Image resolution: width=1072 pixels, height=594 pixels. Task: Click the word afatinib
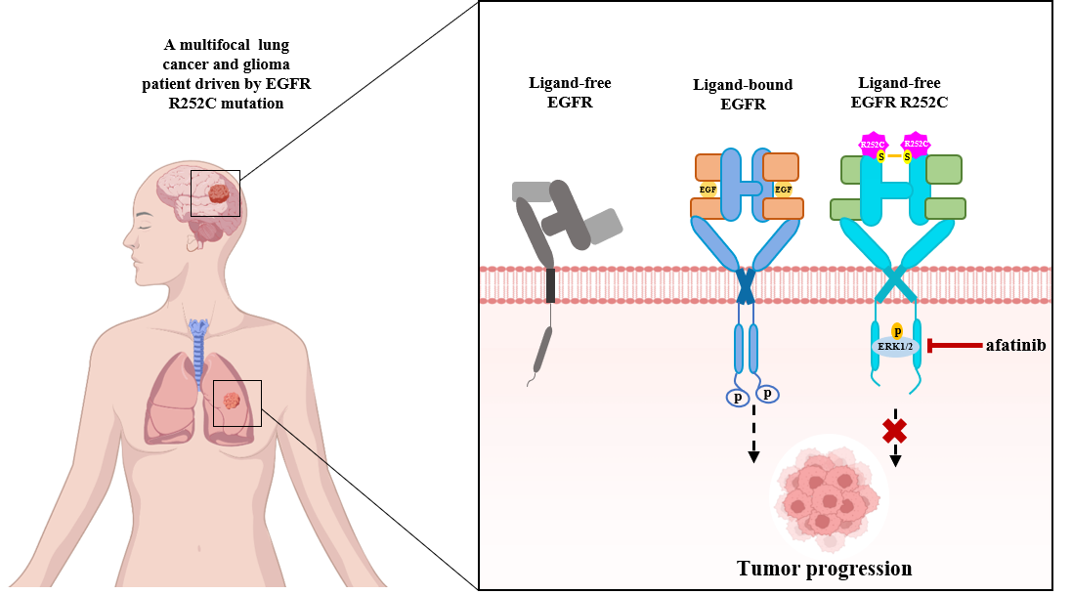click(1015, 345)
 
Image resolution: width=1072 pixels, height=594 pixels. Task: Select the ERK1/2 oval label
click(895, 347)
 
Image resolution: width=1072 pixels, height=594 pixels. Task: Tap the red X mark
click(894, 430)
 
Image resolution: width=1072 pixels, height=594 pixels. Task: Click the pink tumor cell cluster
click(826, 494)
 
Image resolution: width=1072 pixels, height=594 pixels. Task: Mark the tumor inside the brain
click(219, 193)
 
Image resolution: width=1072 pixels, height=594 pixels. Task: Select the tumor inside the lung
click(232, 401)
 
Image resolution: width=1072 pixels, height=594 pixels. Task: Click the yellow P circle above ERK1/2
click(897, 331)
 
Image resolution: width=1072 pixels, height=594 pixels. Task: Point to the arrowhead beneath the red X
click(895, 460)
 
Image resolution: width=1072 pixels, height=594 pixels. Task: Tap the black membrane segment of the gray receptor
click(550, 285)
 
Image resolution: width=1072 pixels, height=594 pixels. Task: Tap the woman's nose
click(126, 241)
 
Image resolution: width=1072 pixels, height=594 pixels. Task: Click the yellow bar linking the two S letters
click(893, 156)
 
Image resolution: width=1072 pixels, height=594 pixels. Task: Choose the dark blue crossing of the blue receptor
click(746, 286)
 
